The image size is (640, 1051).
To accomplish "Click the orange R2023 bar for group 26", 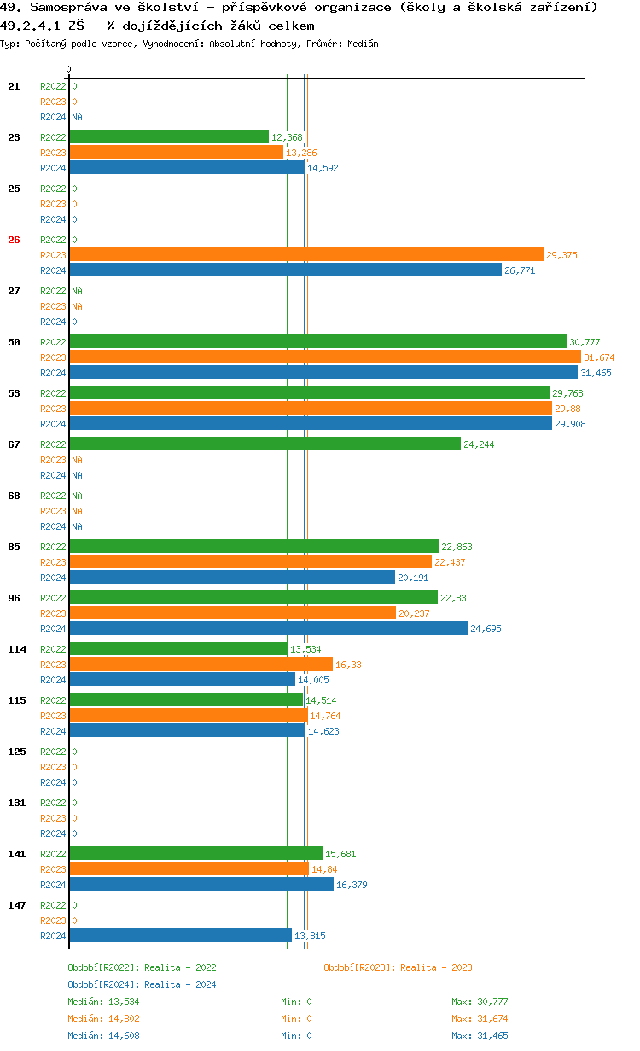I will click(x=305, y=254).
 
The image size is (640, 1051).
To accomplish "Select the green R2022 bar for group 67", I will click(x=265, y=444).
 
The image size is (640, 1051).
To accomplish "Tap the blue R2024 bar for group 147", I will click(x=180, y=935).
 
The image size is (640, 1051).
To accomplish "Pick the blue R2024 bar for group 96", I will click(x=268, y=628).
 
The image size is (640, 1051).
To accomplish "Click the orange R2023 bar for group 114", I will click(x=201, y=664).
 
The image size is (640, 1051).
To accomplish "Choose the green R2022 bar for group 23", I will click(x=169, y=136).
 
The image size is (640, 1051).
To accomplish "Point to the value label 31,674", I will click(x=599, y=357).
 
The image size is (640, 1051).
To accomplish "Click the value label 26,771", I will click(x=520, y=270).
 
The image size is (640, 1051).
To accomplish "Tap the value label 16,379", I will click(x=351, y=885).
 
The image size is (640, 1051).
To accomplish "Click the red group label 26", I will click(x=14, y=240).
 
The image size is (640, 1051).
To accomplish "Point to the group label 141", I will click(x=16, y=854).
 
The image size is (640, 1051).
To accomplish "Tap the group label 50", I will click(x=14, y=342).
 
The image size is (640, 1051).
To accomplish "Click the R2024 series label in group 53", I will click(x=53, y=424).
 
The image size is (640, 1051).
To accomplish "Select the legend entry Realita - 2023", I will click(x=398, y=967).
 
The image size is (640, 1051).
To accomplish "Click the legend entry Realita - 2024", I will click(x=142, y=984).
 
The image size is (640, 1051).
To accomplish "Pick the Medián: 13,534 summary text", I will click(x=103, y=1002).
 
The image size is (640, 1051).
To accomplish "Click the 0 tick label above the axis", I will click(x=69, y=69).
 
